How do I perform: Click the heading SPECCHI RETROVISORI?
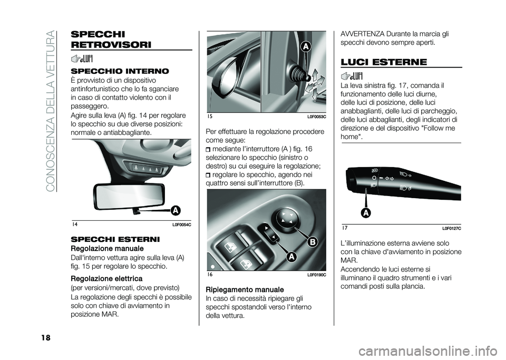111,40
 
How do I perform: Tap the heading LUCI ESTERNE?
384,62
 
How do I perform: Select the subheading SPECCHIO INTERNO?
120,71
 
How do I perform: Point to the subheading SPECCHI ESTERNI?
115,239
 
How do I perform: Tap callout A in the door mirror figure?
306,47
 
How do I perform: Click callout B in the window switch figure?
313,242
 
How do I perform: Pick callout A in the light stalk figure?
367,213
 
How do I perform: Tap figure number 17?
345,228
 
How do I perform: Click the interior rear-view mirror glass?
129,197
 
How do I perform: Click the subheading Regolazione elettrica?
106,279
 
